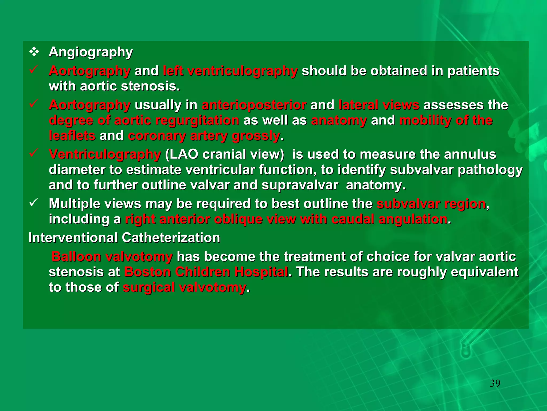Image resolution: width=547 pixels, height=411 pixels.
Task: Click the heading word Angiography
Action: point(91,52)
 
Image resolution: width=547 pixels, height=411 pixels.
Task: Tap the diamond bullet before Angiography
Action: point(34,52)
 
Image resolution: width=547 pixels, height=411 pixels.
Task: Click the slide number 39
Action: point(495,383)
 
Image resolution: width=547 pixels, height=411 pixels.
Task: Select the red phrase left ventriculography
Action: point(230,71)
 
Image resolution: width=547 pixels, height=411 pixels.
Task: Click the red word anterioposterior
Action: point(254,105)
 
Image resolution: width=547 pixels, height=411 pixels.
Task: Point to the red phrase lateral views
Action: point(379,105)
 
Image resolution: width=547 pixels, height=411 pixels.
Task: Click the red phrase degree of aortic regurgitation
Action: point(144,120)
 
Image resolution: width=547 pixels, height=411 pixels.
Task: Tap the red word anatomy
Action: point(339,120)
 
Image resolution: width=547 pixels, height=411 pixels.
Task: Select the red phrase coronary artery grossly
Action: point(204,136)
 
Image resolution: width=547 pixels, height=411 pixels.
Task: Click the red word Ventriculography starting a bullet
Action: point(105,154)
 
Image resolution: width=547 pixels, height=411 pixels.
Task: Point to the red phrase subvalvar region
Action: point(431,204)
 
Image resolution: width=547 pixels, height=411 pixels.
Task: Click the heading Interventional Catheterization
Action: point(124,238)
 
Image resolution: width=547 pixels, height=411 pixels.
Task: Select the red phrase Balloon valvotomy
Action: point(112,257)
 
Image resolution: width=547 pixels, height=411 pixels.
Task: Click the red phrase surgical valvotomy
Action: point(184,287)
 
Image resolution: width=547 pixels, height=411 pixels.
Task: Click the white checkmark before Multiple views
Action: point(34,202)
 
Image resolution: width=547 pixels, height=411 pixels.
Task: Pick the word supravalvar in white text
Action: point(300,185)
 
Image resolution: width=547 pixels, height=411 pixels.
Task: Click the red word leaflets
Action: point(72,136)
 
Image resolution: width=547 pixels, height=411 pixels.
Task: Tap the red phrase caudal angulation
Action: point(389,219)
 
